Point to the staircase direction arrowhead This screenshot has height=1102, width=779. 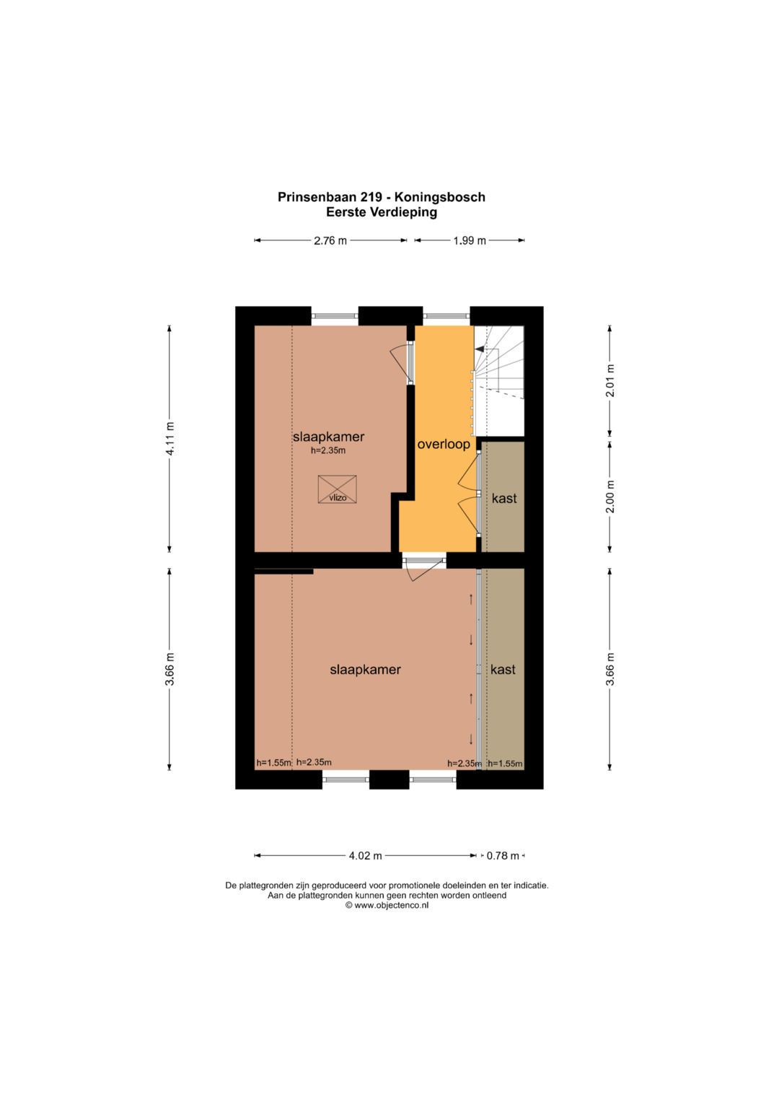click(480, 349)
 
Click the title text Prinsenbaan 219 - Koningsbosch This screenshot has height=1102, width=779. click(382, 197)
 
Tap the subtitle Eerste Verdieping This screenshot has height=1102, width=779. click(382, 212)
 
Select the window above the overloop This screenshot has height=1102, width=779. click(446, 316)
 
